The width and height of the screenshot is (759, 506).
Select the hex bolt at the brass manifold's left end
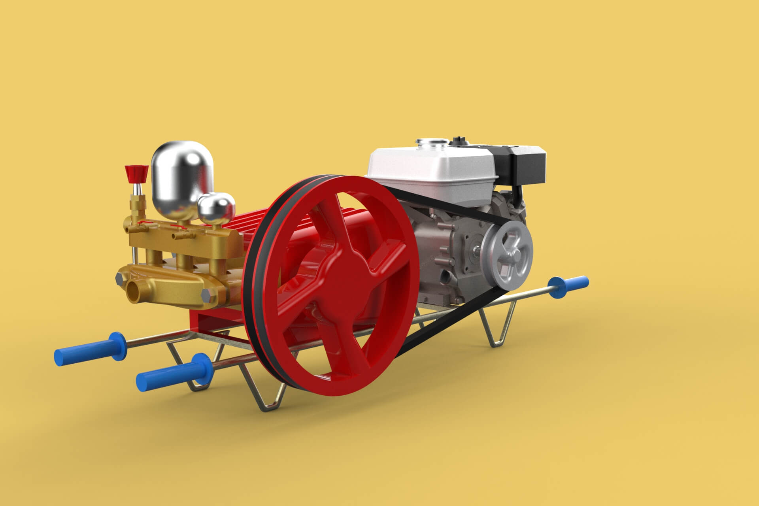pos(118,279)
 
